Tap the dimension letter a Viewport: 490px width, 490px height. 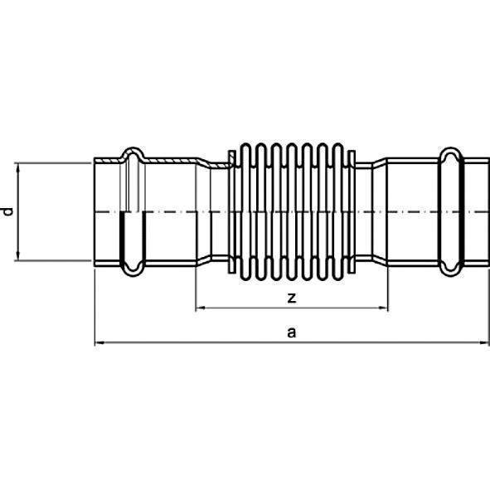pyautogui.click(x=290, y=332)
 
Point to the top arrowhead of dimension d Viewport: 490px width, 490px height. pyautogui.click(x=17, y=167)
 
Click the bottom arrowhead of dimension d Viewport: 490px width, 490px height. pyautogui.click(x=17, y=256)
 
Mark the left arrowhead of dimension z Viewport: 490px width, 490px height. pyautogui.click(x=200, y=309)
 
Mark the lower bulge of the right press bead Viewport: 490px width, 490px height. pyautogui.click(x=449, y=268)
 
